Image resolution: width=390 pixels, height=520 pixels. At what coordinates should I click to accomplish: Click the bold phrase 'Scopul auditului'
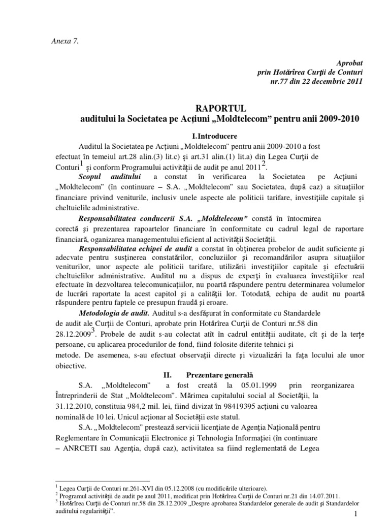[110, 176]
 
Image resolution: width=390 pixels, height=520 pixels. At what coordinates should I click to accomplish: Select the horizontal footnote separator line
[102, 481]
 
